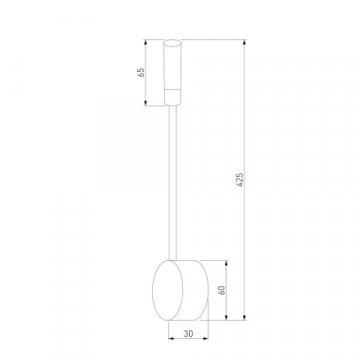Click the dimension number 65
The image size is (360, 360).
click(x=142, y=72)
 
